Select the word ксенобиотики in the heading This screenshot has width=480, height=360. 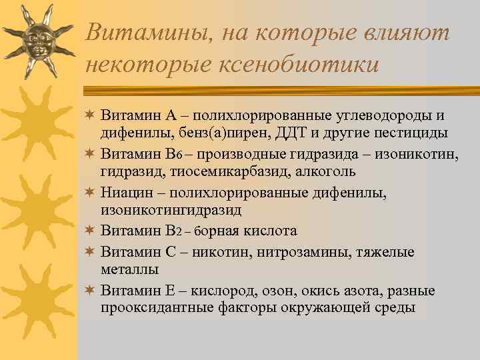tap(280, 65)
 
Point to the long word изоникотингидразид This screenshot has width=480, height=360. tap(171, 209)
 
